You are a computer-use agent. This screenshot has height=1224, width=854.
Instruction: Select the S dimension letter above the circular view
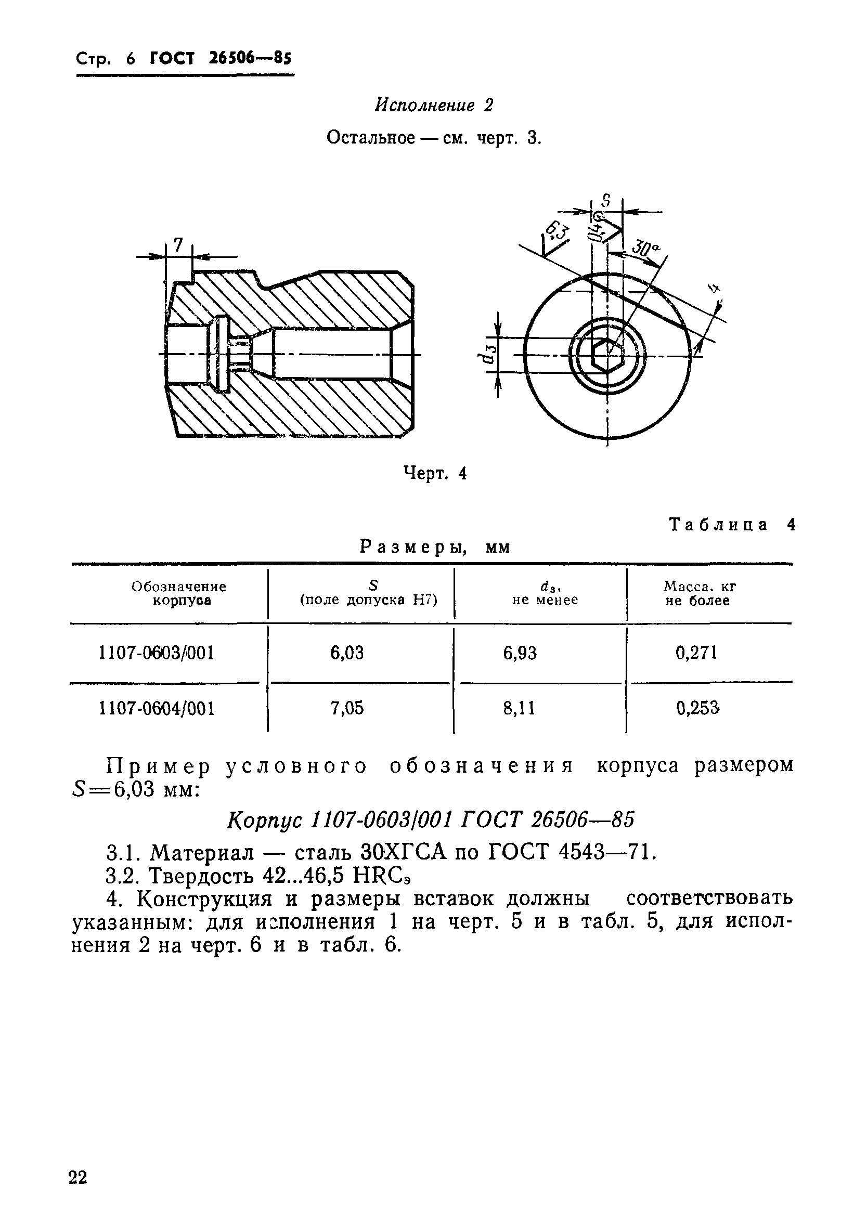(606, 202)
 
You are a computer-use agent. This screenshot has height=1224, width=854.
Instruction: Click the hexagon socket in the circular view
(607, 354)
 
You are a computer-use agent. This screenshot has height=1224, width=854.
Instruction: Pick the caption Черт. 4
(435, 473)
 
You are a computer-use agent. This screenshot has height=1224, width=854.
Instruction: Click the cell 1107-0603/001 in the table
(157, 653)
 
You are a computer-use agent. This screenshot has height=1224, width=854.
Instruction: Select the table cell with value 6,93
(520, 653)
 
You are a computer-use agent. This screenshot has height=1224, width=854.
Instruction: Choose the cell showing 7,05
(347, 708)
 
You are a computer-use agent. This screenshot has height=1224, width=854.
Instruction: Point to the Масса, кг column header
(699, 593)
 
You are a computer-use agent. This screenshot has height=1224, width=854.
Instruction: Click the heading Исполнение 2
(434, 105)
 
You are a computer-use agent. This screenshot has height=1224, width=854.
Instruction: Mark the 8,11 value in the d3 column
(520, 708)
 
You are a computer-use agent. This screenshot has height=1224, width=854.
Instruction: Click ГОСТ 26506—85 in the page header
(221, 58)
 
